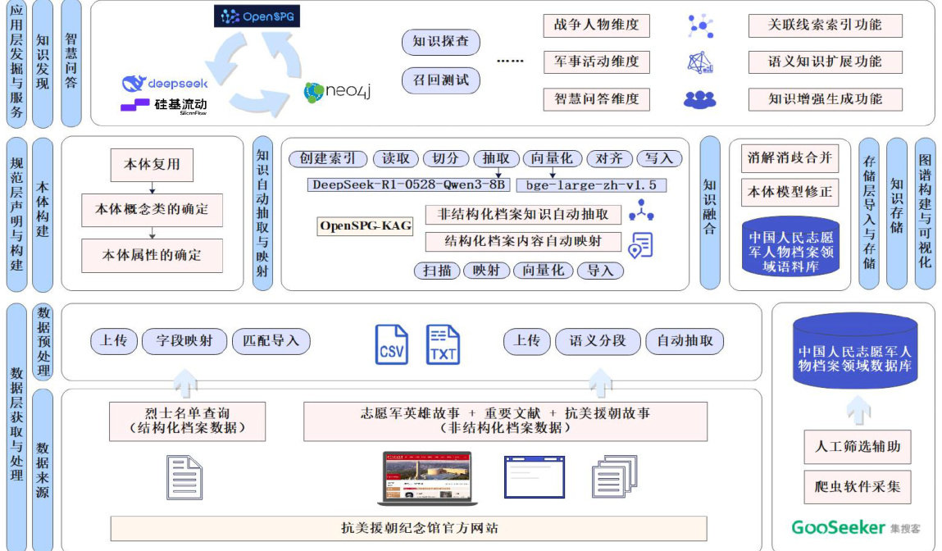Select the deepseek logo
tap(165, 83)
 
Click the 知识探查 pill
tap(441, 42)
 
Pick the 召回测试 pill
tap(441, 80)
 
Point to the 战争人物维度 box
tap(596, 25)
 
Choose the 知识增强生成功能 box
tap(825, 99)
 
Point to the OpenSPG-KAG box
tap(366, 226)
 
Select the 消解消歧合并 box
tap(790, 157)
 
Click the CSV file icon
tap(392, 344)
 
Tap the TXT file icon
tap(443, 344)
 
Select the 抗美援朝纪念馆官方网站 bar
tap(408, 528)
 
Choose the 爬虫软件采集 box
tap(858, 486)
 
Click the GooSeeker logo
tap(856, 527)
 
